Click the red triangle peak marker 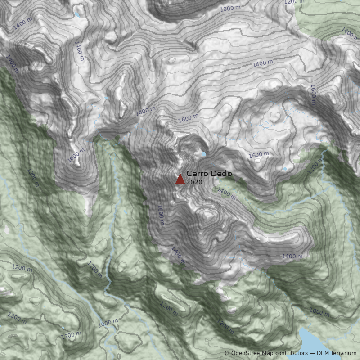coord(180,179)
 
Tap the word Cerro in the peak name coord(196,174)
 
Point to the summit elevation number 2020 coord(194,182)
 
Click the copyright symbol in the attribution coord(227,353)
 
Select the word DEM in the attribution coord(324,353)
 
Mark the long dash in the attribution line coord(313,353)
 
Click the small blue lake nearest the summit coord(203,154)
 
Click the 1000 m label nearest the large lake coord(319,311)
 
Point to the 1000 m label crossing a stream coord(108,323)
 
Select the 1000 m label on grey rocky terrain coord(230,9)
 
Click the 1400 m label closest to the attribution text coord(292,256)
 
